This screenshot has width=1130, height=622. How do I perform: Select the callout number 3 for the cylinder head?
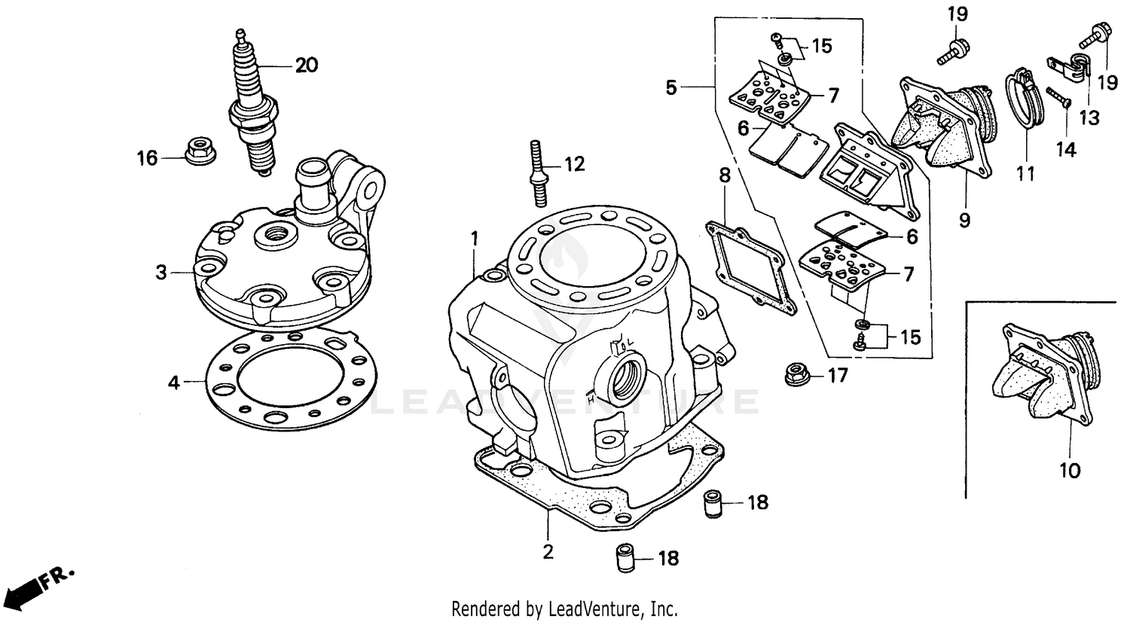[x=161, y=273]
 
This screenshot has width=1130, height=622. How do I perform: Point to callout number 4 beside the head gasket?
[x=174, y=383]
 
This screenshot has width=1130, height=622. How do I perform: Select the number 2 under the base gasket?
[x=548, y=551]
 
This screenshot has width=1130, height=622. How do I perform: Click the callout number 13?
[x=1089, y=117]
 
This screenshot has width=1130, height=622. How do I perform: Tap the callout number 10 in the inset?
[x=1070, y=471]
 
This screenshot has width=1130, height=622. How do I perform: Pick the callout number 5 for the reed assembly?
[x=671, y=88]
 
